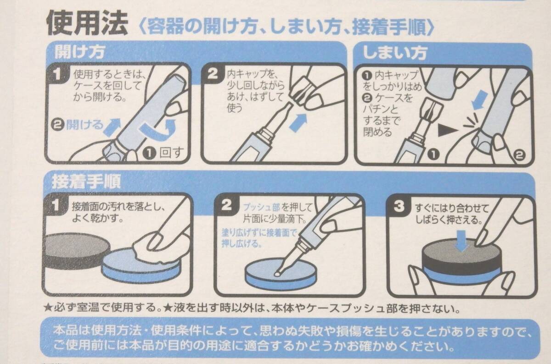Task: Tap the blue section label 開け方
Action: click(79, 52)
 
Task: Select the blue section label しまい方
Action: click(395, 53)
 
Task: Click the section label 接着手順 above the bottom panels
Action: click(86, 181)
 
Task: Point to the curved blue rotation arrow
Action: click(157, 130)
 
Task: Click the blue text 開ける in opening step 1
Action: click(84, 125)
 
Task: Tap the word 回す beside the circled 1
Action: click(172, 153)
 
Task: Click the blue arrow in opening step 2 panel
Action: click(298, 122)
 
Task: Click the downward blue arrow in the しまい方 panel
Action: click(480, 100)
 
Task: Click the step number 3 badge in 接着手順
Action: click(399, 205)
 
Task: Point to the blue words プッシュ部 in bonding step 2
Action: click(261, 208)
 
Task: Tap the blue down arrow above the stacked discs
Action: click(461, 241)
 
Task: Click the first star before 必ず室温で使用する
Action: click(48, 308)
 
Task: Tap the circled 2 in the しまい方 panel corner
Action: click(519, 155)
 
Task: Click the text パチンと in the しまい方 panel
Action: click(380, 109)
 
